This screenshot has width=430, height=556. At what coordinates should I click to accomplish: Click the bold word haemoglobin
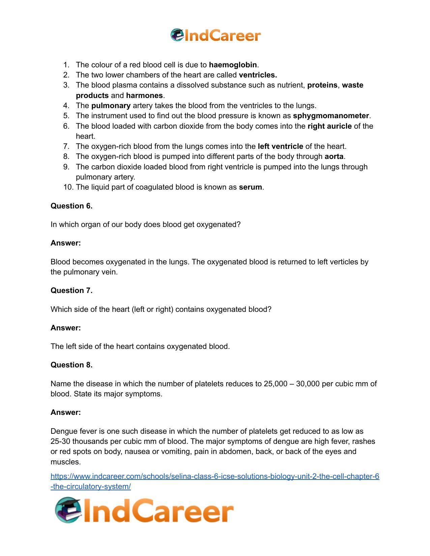pyautogui.click(x=233, y=65)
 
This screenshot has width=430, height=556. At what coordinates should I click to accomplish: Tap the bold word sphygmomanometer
pyautogui.click(x=331, y=116)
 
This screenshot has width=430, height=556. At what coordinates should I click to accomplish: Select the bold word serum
pyautogui.click(x=250, y=187)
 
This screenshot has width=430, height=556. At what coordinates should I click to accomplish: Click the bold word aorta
pyautogui.click(x=334, y=157)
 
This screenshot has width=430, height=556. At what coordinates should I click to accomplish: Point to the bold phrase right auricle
pyautogui.click(x=329, y=126)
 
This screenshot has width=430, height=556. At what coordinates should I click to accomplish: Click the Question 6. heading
pyautogui.click(x=71, y=206)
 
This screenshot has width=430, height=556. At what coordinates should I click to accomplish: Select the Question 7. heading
pyautogui.click(x=71, y=291)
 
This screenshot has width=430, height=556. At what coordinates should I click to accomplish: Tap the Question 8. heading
pyautogui.click(x=71, y=365)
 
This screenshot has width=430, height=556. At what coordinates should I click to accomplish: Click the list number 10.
pyautogui.click(x=68, y=187)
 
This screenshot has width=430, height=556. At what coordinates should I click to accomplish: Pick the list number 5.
pyautogui.click(x=66, y=116)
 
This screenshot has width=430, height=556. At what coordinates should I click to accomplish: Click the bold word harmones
pyautogui.click(x=144, y=96)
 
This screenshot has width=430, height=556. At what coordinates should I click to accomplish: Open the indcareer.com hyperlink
pyautogui.click(x=214, y=477)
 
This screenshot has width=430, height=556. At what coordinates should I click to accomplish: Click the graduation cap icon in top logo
pyautogui.click(x=177, y=35)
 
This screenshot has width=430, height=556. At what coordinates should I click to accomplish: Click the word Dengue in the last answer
pyautogui.click(x=62, y=431)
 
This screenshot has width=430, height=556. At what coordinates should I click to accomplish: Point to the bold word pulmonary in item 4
pyautogui.click(x=111, y=106)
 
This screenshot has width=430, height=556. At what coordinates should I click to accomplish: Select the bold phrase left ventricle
pyautogui.click(x=280, y=146)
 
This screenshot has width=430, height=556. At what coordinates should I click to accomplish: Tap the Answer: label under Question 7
pyautogui.click(x=66, y=328)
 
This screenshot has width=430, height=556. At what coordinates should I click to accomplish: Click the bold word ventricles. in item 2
pyautogui.click(x=258, y=75)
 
